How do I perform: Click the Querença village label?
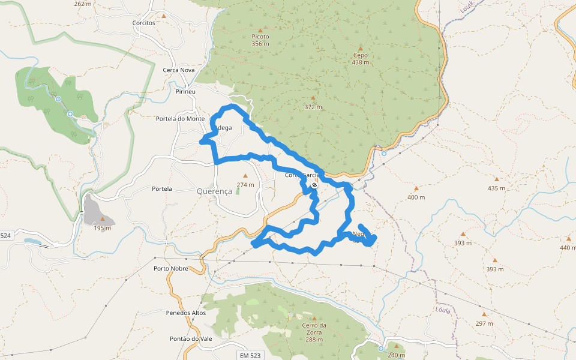[x=214, y=191]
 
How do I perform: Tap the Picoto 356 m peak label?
[x=260, y=40]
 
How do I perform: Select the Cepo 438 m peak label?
[x=360, y=59]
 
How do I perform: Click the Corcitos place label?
[x=144, y=23]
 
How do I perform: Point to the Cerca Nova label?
[x=179, y=70]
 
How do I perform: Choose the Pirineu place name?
[x=186, y=91]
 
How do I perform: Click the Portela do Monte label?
[x=180, y=119]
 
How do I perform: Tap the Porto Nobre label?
[x=171, y=268]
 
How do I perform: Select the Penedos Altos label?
[x=186, y=313]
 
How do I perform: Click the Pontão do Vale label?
[x=191, y=339]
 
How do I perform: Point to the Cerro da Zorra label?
[x=314, y=328]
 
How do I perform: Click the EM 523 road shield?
[x=250, y=355]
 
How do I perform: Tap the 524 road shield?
[x=6, y=236]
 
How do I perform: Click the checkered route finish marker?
[x=314, y=185]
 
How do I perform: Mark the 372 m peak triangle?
[x=313, y=98]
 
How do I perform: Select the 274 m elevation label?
[x=245, y=185]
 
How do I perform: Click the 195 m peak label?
[x=102, y=228]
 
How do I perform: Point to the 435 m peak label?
[x=496, y=188]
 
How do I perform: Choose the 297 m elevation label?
[x=484, y=323]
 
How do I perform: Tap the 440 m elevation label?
[x=568, y=247]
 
